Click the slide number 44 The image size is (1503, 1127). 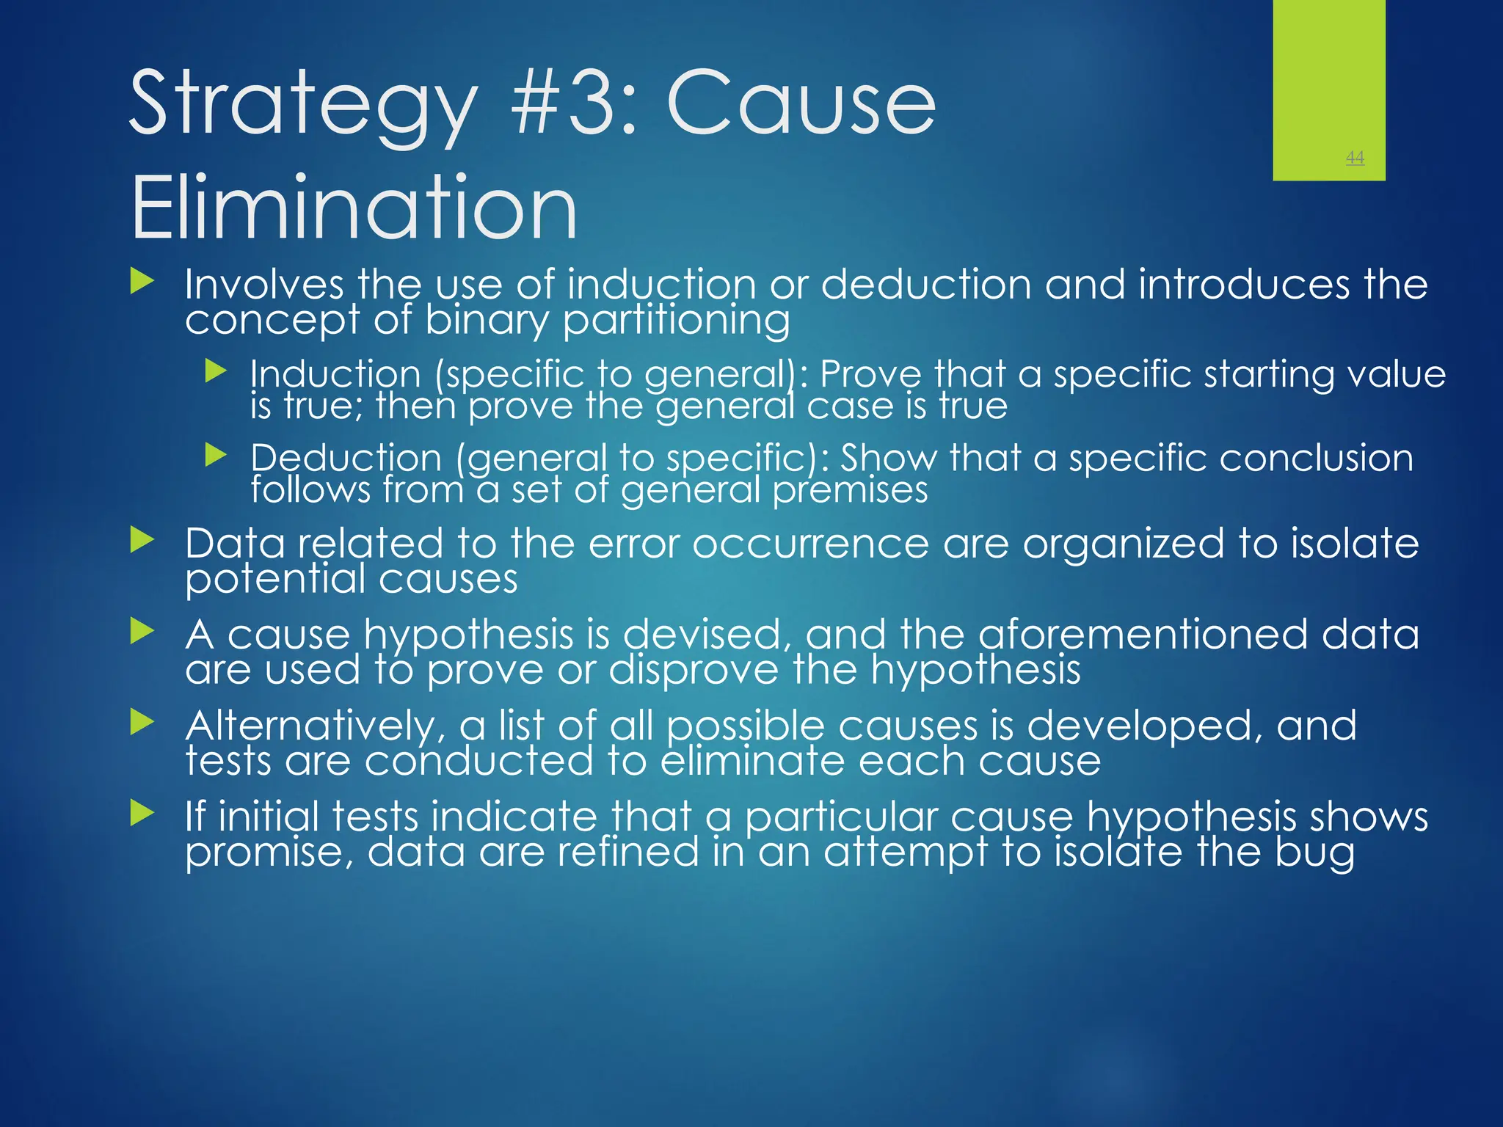click(x=1355, y=157)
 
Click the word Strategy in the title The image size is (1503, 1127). click(x=302, y=104)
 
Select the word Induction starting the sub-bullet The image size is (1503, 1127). click(x=335, y=374)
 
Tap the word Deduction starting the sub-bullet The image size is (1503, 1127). click(x=346, y=458)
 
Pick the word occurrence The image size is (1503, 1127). click(x=810, y=544)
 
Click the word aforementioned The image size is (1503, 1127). click(x=1143, y=634)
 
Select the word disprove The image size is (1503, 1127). click(x=694, y=669)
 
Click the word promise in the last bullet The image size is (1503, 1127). click(x=263, y=853)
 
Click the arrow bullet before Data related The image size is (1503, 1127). click(x=142, y=541)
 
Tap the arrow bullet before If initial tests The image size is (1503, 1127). click(x=142, y=813)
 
